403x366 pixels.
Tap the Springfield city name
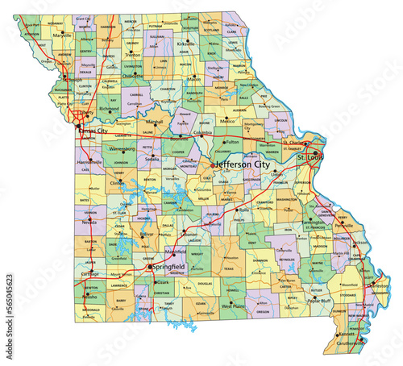coord(168,266)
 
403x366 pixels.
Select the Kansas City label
coord(95,128)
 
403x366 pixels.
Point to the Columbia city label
coord(203,132)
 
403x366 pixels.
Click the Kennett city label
coord(347,333)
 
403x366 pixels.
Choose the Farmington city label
coord(312,221)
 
